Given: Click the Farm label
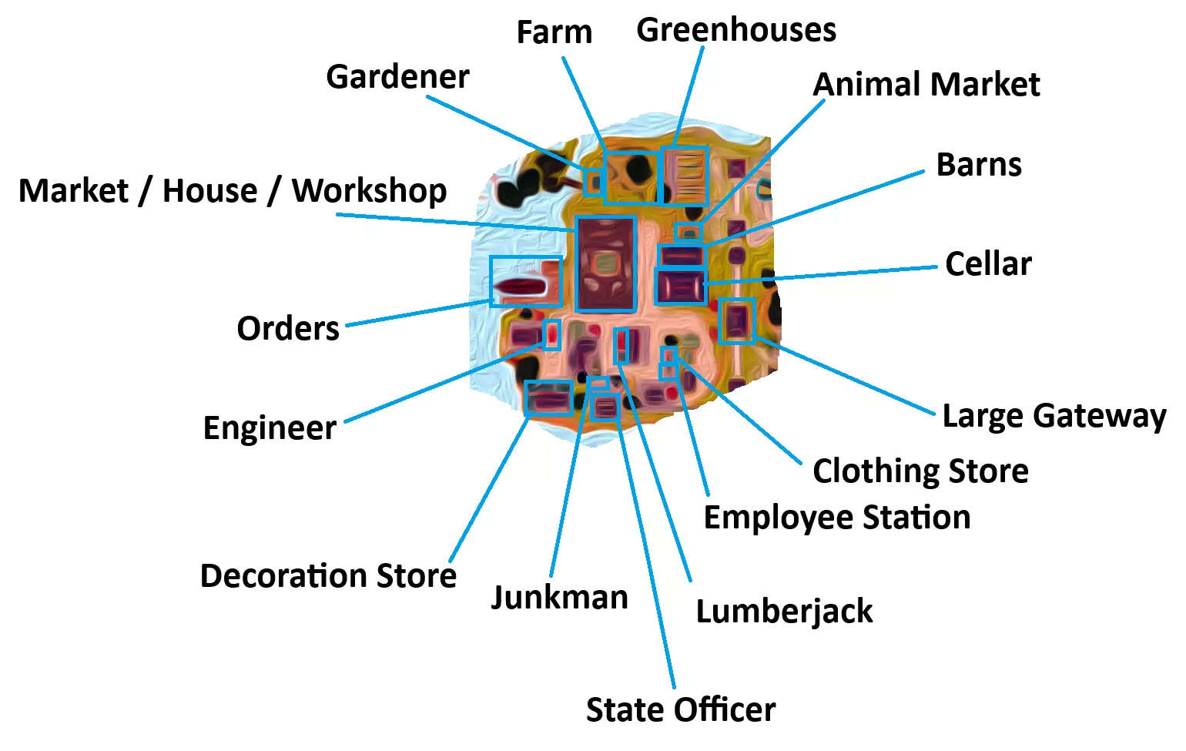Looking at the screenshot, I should point(554,32).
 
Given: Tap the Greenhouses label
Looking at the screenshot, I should point(735,30).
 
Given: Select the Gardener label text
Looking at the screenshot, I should point(397,76).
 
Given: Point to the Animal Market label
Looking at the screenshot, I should point(926,84).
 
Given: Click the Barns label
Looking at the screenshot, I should point(978,165).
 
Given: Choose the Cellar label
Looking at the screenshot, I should point(987,263).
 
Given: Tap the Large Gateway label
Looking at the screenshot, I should point(1054,416).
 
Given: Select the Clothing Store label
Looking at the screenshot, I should point(920,471).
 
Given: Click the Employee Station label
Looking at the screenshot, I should point(836,518).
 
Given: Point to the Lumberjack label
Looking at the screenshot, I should point(784,612).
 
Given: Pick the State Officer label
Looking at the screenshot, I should point(681,709).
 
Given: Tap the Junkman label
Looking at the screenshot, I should point(559,597).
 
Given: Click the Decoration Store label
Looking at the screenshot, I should point(328,575).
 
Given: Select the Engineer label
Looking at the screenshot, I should point(270,427).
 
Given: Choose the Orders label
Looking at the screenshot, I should point(287,329).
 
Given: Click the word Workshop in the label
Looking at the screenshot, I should point(369,190).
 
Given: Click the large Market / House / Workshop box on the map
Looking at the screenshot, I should point(605,263).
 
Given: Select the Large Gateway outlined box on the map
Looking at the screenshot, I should point(736,320).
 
